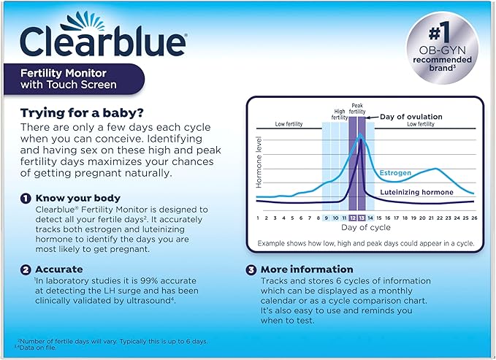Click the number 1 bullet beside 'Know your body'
tap(25, 198)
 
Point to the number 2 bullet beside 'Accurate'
tap(25, 269)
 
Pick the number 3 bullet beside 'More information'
tap(251, 269)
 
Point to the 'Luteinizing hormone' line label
tap(417, 192)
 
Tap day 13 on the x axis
tap(362, 218)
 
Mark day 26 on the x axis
tap(474, 218)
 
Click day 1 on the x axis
tap(258, 218)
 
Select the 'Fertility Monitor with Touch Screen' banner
tap(80, 79)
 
